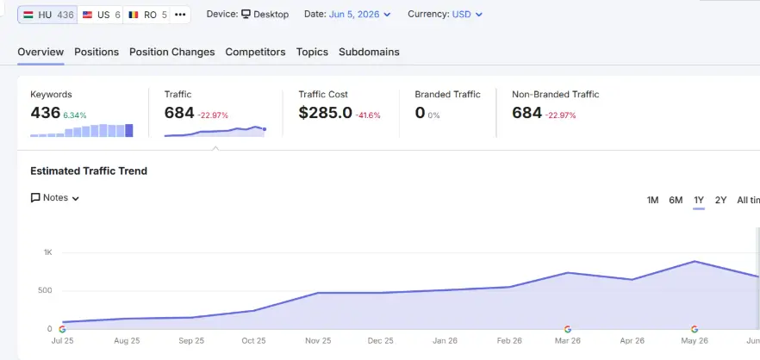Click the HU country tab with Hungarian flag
(x=47, y=15)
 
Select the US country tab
(x=101, y=15)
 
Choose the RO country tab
(x=147, y=15)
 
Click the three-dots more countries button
(x=180, y=15)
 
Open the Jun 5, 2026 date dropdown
(x=359, y=15)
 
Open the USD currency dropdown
(x=467, y=15)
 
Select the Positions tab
(x=97, y=52)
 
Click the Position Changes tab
(x=172, y=52)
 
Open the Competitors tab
(x=255, y=52)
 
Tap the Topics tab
(x=312, y=52)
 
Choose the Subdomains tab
(x=369, y=52)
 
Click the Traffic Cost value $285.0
(x=325, y=113)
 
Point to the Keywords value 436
(x=45, y=113)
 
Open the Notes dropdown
(x=55, y=198)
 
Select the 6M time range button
(x=676, y=200)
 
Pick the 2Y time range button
(x=720, y=200)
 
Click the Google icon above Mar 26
(x=568, y=330)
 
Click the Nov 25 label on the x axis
(x=318, y=340)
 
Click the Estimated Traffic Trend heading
(x=89, y=171)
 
